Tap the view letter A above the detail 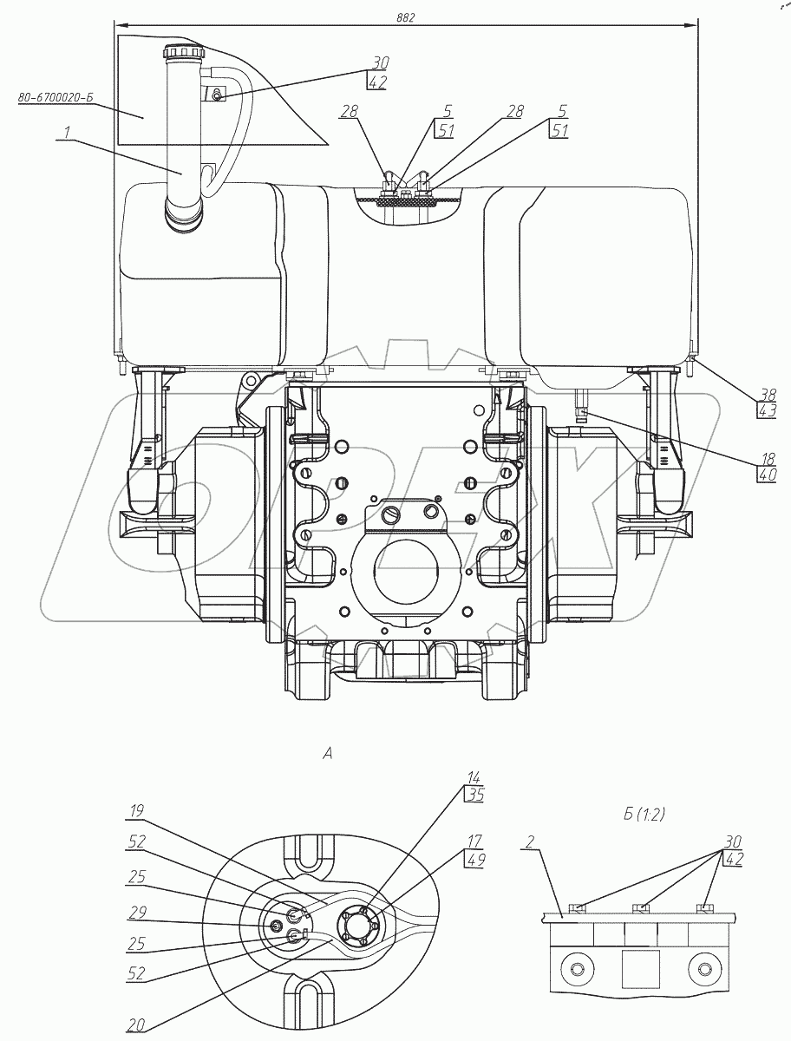[328, 754]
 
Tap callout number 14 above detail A [474, 778]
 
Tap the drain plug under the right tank [580, 403]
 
